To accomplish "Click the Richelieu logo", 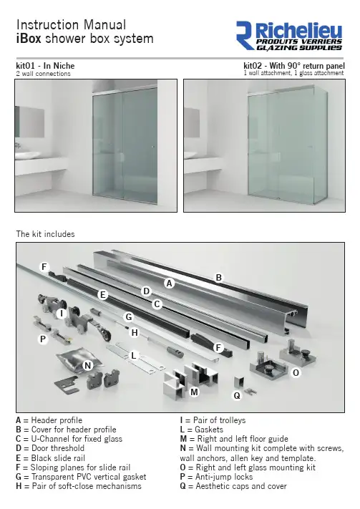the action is (x=289, y=36).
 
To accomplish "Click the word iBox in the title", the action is (x=29, y=39).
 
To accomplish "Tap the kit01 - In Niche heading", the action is (x=45, y=66).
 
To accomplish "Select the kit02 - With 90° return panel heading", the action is (x=294, y=66).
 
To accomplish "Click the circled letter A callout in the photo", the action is (x=169, y=283).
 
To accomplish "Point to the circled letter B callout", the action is (x=219, y=278).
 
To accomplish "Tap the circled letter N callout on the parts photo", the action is (x=87, y=366).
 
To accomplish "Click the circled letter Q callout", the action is (x=237, y=396).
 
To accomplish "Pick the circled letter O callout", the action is (x=296, y=373).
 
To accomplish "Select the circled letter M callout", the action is (x=194, y=392).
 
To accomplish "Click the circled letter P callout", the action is (x=42, y=339).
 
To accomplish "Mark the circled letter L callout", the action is (x=133, y=356).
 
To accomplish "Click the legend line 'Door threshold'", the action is (x=50, y=448).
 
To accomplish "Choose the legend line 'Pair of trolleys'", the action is (x=213, y=420).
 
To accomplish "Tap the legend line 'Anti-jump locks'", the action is (x=217, y=477).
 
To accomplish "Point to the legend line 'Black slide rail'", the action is (x=50, y=458).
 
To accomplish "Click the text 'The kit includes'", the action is (x=45, y=234).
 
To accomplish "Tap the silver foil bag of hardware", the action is (x=73, y=360).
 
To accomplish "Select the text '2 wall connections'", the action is (x=43, y=74).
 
